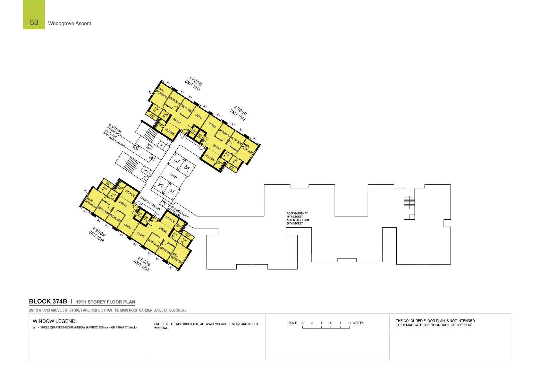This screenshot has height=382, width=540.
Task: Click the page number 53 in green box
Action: [x=34, y=22]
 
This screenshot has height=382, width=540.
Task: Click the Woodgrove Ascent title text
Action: [x=70, y=23]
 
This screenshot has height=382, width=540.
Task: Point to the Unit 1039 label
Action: [x=97, y=235]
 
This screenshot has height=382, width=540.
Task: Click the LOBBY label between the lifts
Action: [x=173, y=176]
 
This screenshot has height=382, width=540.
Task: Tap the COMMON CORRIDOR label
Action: [x=150, y=204]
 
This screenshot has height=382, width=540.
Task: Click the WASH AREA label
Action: [x=150, y=148]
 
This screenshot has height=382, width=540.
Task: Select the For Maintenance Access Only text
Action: [x=178, y=212]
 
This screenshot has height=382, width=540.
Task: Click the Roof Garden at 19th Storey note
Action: [x=298, y=218]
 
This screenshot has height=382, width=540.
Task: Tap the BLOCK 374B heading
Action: [x=48, y=301]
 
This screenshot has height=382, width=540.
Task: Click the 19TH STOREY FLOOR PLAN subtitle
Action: [x=105, y=302]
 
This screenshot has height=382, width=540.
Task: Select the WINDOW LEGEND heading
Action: [x=55, y=321]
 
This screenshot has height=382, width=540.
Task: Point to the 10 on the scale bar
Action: [x=350, y=323]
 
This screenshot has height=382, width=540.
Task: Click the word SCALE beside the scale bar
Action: [x=292, y=323]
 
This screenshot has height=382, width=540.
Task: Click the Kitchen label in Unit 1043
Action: [x=210, y=157]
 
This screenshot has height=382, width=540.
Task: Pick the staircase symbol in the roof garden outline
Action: [x=409, y=202]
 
